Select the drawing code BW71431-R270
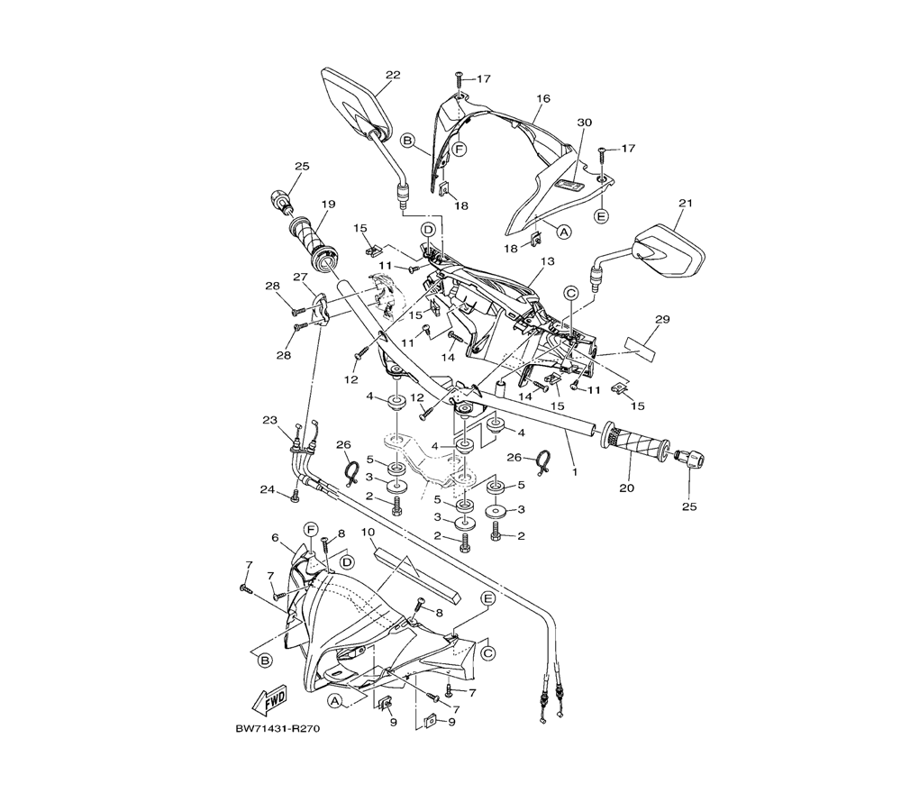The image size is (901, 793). click(277, 729)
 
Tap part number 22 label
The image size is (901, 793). click(393, 75)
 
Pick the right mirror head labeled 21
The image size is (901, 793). click(668, 251)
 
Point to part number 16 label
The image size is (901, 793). click(543, 98)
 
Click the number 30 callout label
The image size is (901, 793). click(585, 123)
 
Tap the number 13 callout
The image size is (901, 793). click(548, 261)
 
